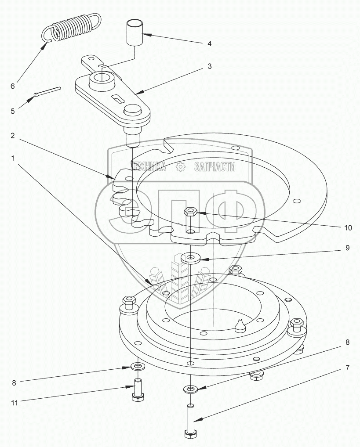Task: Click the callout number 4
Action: tap(209, 43)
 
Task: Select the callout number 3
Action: tap(210, 66)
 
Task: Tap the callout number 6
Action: tap(12, 86)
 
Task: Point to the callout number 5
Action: tap(12, 111)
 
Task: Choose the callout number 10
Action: tap(348, 227)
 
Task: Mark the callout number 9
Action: tap(347, 248)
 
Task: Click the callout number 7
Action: tap(347, 367)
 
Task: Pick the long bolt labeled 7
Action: tap(191, 419)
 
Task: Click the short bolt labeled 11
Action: tap(138, 388)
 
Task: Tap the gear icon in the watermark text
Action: tap(179, 167)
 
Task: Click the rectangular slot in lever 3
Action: tap(118, 98)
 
